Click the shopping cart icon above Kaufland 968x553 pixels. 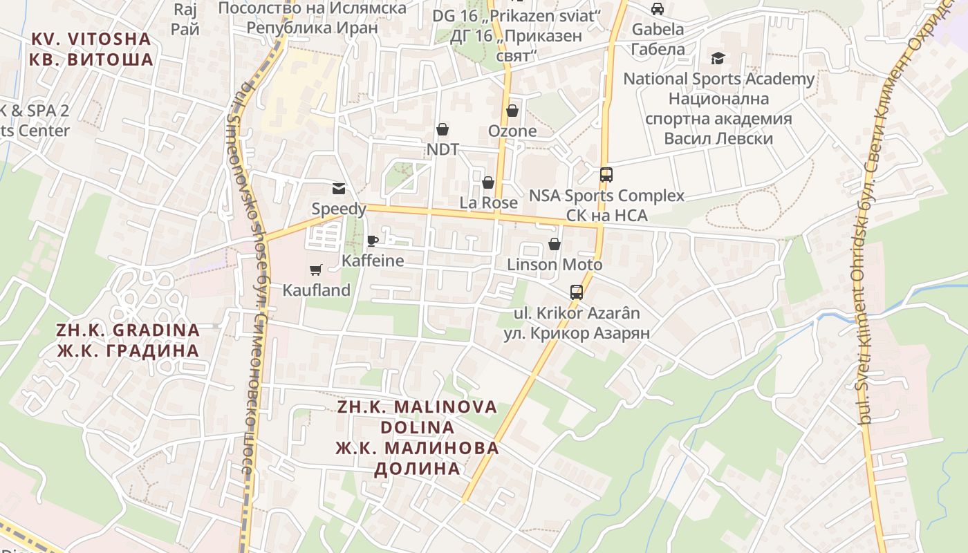point(316,270)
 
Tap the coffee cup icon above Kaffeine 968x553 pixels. point(373,241)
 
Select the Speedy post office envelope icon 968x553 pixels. point(339,188)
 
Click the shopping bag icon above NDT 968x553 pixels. point(443,129)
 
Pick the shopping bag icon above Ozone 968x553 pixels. point(512,111)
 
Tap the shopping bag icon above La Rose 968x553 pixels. point(488,182)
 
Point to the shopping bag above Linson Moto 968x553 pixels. point(555,244)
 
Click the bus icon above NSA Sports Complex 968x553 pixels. point(606,175)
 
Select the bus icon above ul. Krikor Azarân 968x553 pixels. point(577,292)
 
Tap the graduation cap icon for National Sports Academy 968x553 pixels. point(718,59)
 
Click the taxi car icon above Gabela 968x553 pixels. point(658,9)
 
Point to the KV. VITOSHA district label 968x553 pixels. point(91,49)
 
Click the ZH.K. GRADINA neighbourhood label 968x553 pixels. point(128,340)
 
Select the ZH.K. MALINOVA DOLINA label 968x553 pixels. point(418,438)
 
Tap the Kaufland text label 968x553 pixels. point(317,290)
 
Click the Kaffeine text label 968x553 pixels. point(373,261)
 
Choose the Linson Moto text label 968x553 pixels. point(555,265)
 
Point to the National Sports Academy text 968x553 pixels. point(719,79)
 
